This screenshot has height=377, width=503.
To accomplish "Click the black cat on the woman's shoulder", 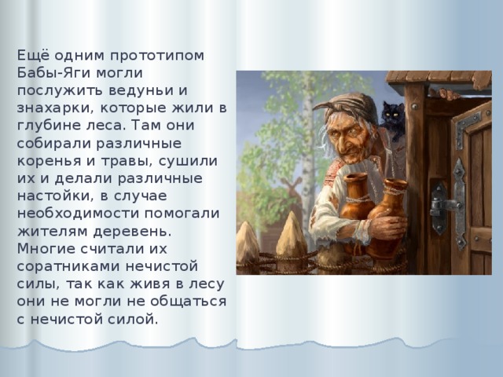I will point(390,115).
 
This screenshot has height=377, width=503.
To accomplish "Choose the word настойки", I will point(51,196).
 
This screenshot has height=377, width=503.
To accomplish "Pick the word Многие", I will point(44,249).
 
